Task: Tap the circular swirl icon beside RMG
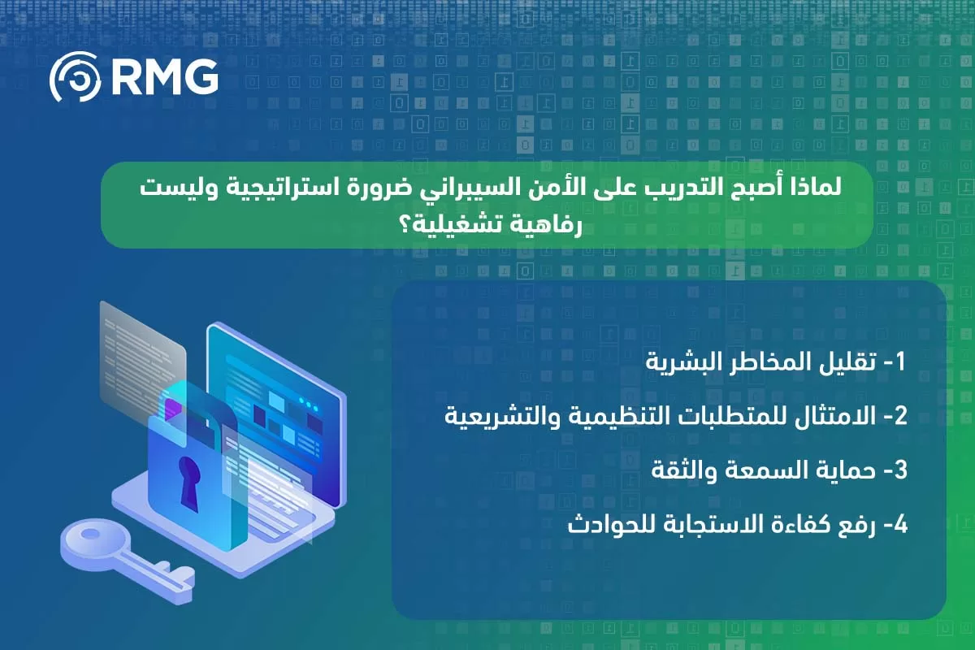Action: coord(75,76)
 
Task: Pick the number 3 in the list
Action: coord(899,470)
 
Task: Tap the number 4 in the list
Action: coord(899,524)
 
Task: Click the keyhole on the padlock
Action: coord(189,483)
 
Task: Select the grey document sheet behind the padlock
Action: coord(142,362)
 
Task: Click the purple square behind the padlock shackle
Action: coord(173,409)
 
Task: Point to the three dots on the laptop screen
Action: coord(309,405)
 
